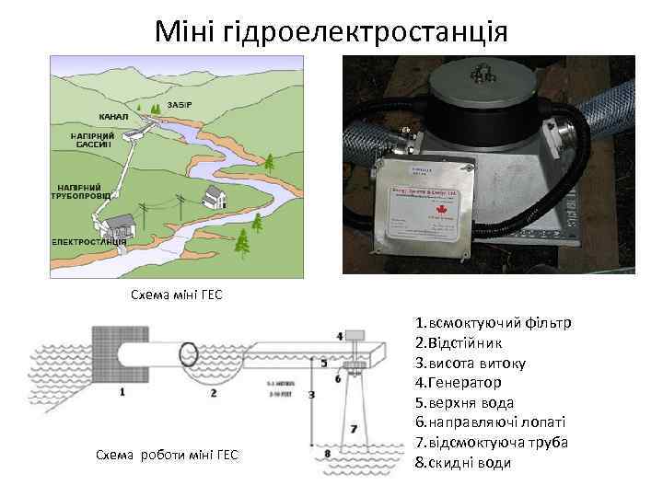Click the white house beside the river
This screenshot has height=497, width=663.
[217, 195]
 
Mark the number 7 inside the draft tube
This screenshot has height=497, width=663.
[353, 429]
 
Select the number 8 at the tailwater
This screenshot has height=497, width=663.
[327, 453]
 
